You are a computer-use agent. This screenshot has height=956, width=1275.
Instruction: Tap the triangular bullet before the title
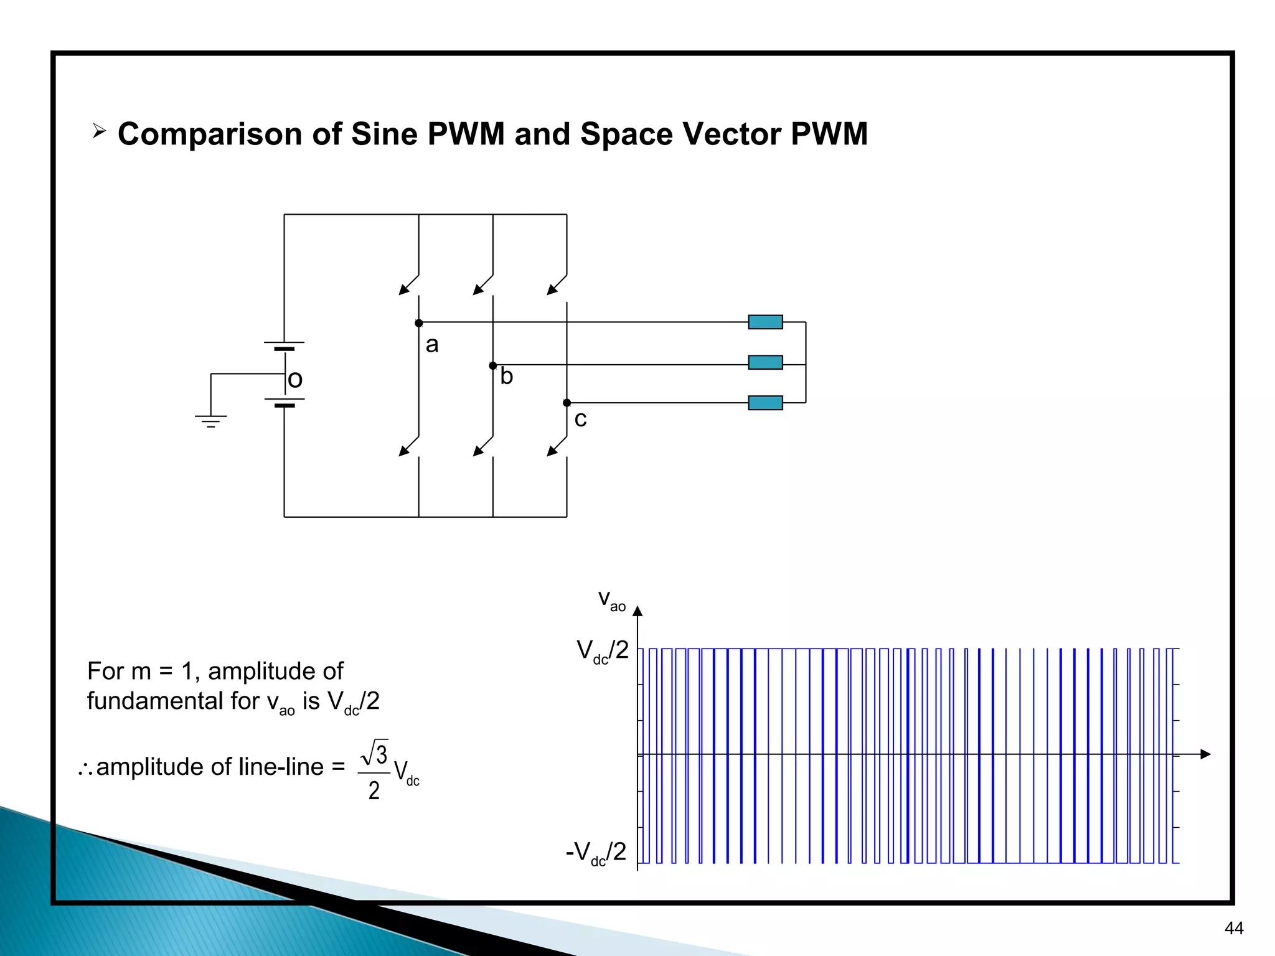pyautogui.click(x=99, y=131)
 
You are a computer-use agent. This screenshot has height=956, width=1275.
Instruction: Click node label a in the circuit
pyautogui.click(x=432, y=344)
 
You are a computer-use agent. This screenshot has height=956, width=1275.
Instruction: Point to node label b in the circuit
pyautogui.click(x=507, y=377)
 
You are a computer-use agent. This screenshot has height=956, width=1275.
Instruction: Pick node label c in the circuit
pyautogui.click(x=580, y=419)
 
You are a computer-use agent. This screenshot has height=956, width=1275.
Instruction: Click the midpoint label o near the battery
pyautogui.click(x=296, y=379)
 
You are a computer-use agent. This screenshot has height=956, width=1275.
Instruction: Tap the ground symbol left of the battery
pyautogui.click(x=211, y=421)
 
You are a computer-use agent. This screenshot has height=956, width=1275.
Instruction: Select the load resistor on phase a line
pyautogui.click(x=765, y=322)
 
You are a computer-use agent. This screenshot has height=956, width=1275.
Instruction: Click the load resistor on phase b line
pyautogui.click(x=765, y=362)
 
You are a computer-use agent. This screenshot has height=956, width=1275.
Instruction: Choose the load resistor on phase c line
pyautogui.click(x=765, y=403)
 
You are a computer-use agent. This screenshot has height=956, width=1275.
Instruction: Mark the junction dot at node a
pyautogui.click(x=419, y=323)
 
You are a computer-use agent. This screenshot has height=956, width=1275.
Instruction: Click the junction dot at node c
pyautogui.click(x=567, y=403)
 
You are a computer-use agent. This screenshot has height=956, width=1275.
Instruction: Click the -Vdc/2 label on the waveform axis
pyautogui.click(x=596, y=852)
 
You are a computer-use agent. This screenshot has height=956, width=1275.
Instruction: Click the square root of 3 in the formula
pyautogui.click(x=375, y=753)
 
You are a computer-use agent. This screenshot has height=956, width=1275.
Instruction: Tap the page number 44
pyautogui.click(x=1233, y=929)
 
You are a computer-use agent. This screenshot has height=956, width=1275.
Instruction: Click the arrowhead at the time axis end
pyautogui.click(x=1205, y=754)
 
